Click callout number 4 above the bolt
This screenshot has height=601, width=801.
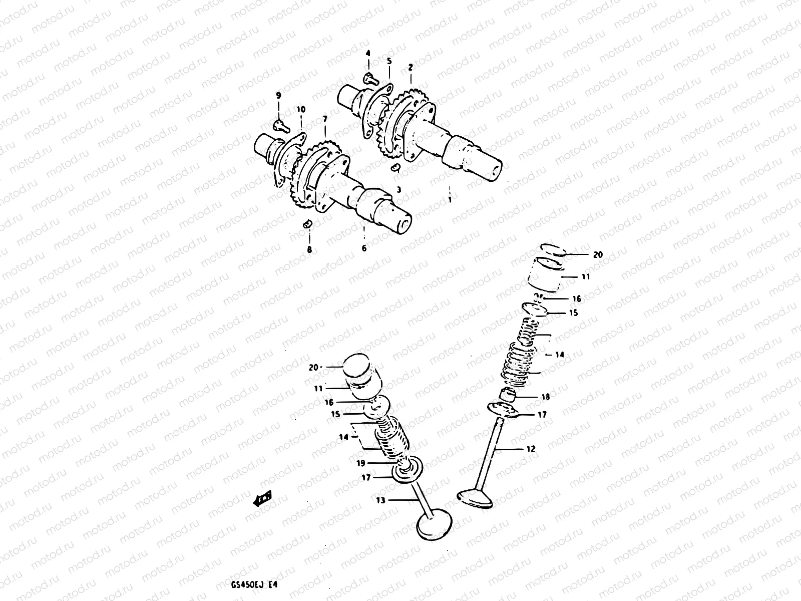(368, 53)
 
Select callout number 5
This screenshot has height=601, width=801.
(389, 61)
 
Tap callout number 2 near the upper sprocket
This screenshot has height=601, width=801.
(411, 67)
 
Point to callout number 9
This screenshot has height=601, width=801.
(279, 95)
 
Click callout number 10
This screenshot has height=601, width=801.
(300, 109)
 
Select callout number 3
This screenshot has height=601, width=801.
(399, 189)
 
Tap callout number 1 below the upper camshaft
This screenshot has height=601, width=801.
(450, 199)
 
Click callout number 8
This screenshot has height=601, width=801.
(309, 249)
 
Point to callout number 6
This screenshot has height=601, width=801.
(364, 248)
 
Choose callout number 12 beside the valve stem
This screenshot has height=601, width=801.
(531, 449)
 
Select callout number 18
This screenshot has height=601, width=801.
(545, 397)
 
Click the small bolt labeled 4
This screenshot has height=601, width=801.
(369, 77)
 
